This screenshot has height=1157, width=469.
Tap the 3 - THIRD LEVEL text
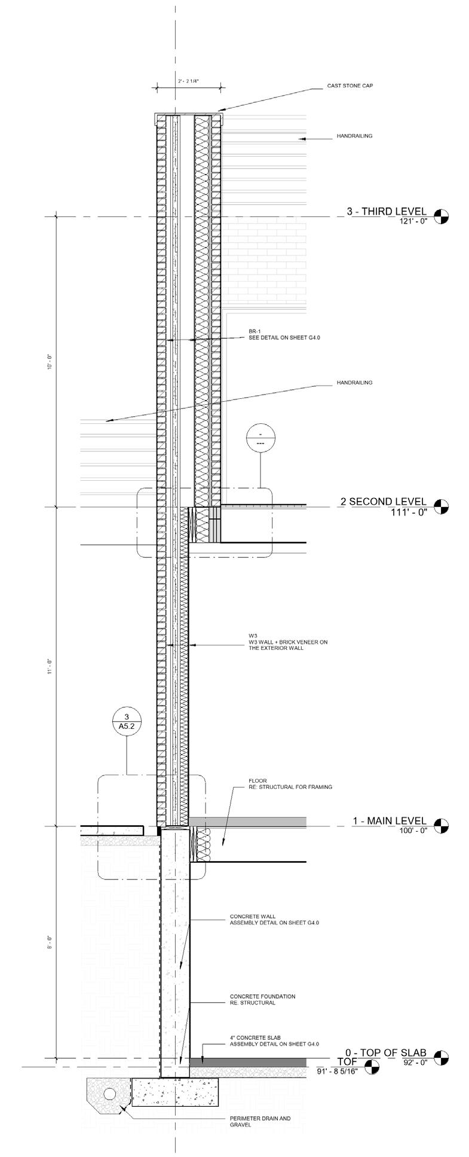point(387,211)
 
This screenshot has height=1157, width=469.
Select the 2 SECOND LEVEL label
point(383,502)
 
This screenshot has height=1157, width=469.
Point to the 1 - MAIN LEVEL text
point(389,821)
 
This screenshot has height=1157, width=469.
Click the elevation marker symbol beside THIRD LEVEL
point(442,216)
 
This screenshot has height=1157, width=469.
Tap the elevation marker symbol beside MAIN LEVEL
point(442,826)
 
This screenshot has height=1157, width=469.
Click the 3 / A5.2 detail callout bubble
point(126,721)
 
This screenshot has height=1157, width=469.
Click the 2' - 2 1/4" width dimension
point(188,80)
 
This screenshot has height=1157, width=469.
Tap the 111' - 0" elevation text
point(410,512)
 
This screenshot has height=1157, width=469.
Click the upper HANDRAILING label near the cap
point(354,136)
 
